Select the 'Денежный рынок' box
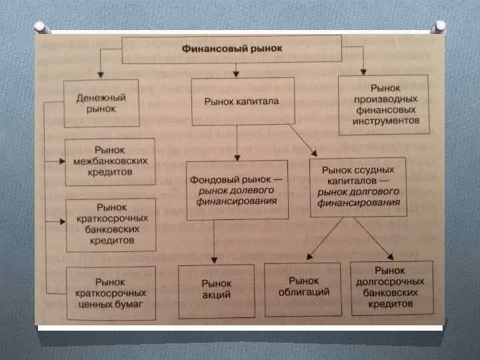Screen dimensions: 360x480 (101, 103)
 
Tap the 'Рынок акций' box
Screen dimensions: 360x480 (216, 288)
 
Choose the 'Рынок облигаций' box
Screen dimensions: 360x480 (303, 288)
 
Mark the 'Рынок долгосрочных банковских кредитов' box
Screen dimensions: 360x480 (390, 287)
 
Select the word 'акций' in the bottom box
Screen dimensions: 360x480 (216, 295)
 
